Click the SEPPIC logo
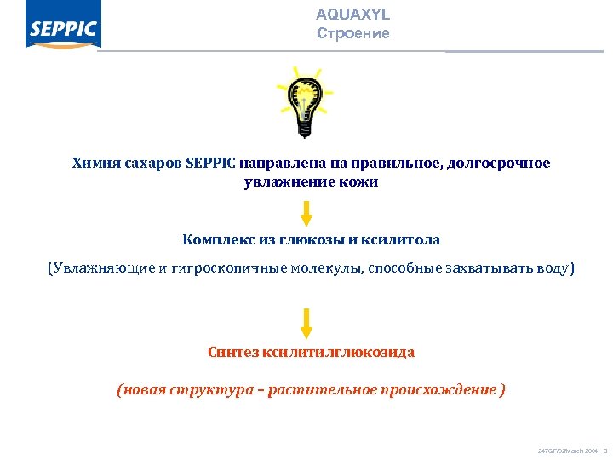pyautogui.click(x=63, y=30)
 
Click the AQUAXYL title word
pyautogui.click(x=352, y=15)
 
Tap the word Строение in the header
pyautogui.click(x=352, y=34)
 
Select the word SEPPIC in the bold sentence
pyautogui.click(x=211, y=163)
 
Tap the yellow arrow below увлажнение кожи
pyautogui.click(x=306, y=213)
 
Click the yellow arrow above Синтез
pyautogui.click(x=306, y=324)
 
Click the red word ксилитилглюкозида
pyautogui.click(x=339, y=351)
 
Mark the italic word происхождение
pyautogui.click(x=439, y=389)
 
